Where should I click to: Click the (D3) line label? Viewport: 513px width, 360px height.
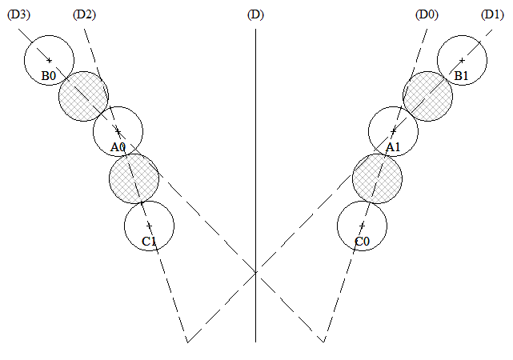(x=18, y=14)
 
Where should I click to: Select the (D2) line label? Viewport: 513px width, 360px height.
(x=84, y=14)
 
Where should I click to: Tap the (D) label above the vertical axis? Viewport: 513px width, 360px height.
(x=255, y=14)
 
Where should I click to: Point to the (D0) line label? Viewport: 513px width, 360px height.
(x=427, y=14)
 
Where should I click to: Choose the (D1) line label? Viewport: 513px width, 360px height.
(x=492, y=14)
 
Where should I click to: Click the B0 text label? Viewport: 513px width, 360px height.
(x=49, y=76)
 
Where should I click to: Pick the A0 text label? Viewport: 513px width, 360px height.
(x=118, y=147)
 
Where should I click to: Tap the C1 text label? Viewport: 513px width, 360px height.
(x=149, y=242)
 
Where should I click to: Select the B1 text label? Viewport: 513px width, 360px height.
(x=461, y=76)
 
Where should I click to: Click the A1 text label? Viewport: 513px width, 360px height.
(x=393, y=147)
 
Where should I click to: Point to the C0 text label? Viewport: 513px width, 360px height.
(x=363, y=242)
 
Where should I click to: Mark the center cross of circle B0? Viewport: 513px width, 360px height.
(x=49, y=61)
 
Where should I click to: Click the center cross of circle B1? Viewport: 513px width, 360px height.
(x=462, y=61)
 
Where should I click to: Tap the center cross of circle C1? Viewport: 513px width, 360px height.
(x=149, y=226)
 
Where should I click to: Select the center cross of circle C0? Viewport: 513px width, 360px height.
(x=362, y=226)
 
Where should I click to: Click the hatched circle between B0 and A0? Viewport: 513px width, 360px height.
(x=83, y=97)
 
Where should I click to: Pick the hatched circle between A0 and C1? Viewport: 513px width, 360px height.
(x=134, y=179)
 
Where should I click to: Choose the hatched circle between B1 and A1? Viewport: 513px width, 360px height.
(x=427, y=97)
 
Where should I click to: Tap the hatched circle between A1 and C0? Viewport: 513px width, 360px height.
(x=377, y=179)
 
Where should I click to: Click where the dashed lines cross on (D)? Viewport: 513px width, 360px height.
(x=256, y=271)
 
